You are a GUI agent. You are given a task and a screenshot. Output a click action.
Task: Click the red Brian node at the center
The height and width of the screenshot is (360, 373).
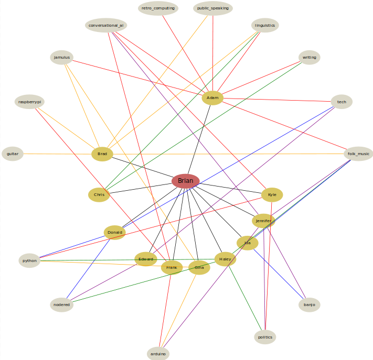[x=185, y=181]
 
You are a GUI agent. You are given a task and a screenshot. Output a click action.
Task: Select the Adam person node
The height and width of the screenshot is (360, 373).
[x=212, y=98]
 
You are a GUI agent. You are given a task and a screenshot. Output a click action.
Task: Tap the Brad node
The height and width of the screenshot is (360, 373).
[x=102, y=154]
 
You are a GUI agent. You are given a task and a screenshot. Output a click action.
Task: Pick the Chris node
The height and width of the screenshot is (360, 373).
[x=99, y=195]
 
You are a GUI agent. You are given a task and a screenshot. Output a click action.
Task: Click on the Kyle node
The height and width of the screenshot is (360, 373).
[x=272, y=195]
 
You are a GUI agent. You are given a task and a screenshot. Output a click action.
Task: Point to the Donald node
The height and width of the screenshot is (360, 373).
[x=114, y=232]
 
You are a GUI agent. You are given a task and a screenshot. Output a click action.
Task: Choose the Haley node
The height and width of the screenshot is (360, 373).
[x=225, y=259]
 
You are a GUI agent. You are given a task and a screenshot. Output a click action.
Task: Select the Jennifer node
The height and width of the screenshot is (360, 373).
[x=263, y=221]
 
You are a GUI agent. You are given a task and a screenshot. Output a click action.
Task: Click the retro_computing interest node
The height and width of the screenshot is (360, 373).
[x=158, y=8]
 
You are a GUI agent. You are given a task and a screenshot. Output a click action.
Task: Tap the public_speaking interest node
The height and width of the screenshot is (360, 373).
[x=212, y=8]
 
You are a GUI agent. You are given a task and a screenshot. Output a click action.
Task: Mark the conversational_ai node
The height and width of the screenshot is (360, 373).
[x=106, y=25]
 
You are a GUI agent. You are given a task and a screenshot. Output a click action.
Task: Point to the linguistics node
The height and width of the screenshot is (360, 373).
[x=265, y=25]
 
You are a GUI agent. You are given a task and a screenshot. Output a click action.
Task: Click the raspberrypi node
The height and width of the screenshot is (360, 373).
[x=30, y=102]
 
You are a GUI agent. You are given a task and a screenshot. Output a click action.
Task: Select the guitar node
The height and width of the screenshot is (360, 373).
[x=13, y=154]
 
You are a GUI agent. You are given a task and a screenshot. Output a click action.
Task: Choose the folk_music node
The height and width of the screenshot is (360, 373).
[x=359, y=154]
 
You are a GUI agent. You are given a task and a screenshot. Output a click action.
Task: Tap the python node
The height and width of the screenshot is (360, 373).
[x=30, y=260]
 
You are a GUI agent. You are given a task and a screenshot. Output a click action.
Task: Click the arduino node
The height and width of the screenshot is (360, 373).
[x=158, y=354]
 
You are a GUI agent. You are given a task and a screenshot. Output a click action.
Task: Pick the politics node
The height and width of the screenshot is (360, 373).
[x=265, y=337]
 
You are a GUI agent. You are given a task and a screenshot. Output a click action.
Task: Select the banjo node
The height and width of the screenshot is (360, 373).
[x=309, y=304]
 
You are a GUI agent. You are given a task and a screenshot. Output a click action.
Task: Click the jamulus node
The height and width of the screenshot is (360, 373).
[x=61, y=57]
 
